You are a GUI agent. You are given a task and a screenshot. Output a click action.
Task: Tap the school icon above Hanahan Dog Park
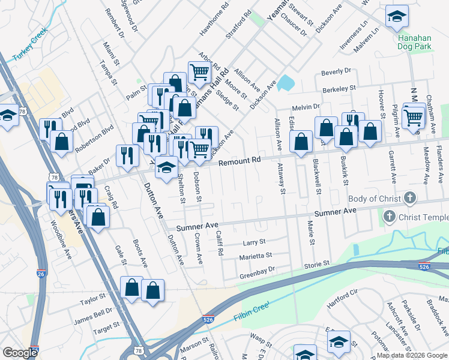tap(396, 17)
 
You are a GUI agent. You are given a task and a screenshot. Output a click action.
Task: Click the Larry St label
tap(253, 242)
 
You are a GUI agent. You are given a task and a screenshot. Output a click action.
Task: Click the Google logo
tap(20, 352)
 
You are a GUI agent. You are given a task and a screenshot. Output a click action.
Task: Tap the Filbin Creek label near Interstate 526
tap(243, 312)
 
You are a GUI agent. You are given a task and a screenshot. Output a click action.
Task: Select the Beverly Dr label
tap(336, 71)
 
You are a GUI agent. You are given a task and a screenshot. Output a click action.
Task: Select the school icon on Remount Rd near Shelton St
tap(167, 167)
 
